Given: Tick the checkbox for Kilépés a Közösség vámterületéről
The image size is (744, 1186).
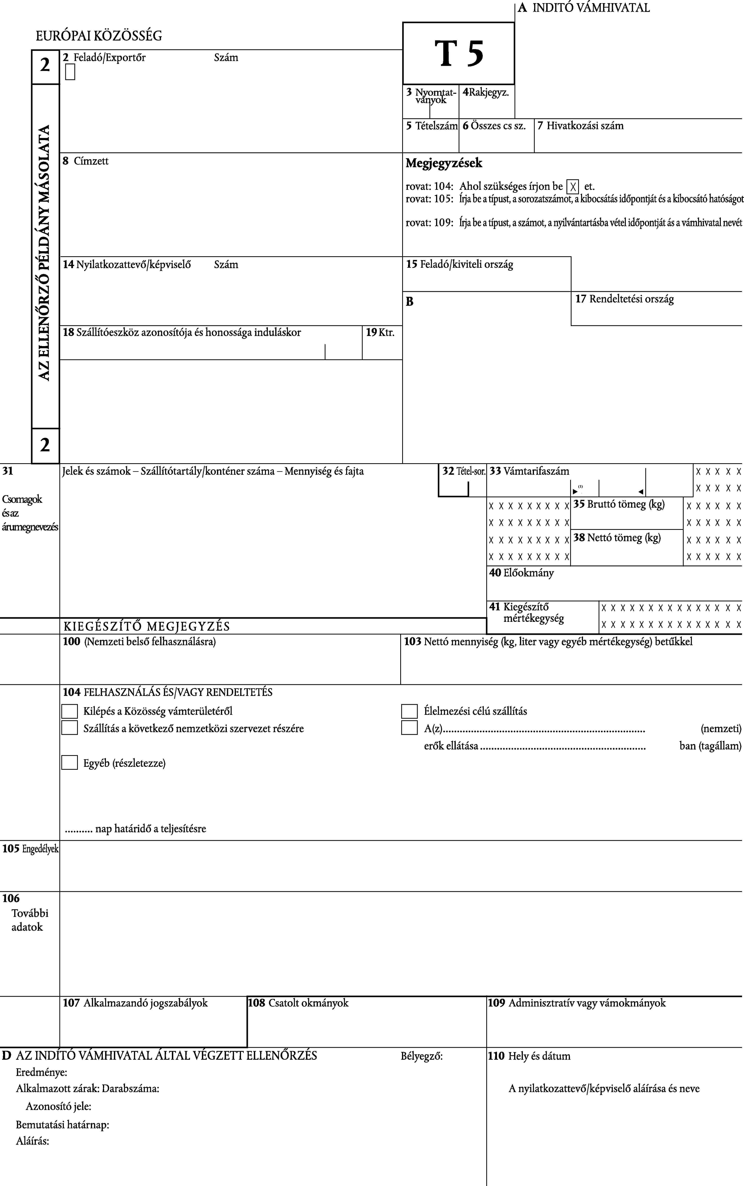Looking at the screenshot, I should [x=69, y=711].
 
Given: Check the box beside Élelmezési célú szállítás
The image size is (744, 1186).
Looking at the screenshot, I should [x=409, y=711].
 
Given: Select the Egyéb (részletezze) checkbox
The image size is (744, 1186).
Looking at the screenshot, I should [x=69, y=762].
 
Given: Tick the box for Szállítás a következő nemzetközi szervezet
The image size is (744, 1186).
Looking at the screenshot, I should [x=69, y=727].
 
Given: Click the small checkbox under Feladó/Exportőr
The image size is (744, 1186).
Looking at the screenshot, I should [x=70, y=72].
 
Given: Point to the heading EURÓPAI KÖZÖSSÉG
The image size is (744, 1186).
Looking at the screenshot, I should [x=99, y=35].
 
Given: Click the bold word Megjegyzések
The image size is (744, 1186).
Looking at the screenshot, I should [x=444, y=163].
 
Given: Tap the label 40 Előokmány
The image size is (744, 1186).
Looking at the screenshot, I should [x=521, y=572].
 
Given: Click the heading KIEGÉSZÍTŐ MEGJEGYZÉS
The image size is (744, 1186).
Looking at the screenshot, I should [x=147, y=626].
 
